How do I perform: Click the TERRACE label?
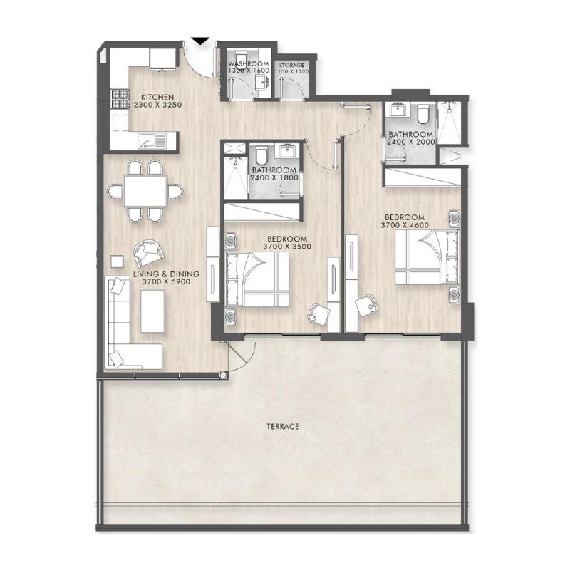282,426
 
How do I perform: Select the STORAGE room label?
291,65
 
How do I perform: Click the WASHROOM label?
247,64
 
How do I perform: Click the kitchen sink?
152,141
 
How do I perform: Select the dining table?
145,191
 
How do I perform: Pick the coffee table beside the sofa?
152,312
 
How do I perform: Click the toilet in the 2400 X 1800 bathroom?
261,155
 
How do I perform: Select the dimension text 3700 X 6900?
170,282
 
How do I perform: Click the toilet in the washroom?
239,58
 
